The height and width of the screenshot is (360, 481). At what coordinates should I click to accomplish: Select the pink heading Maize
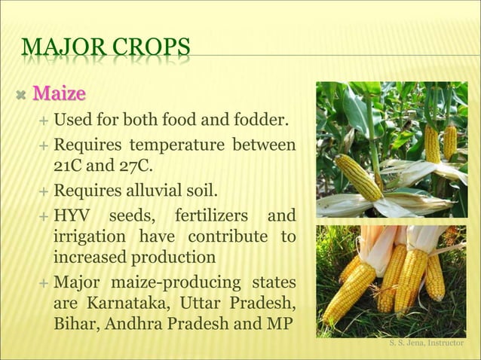[60, 95]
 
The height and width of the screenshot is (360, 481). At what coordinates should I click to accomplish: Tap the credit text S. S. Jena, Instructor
[427, 343]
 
